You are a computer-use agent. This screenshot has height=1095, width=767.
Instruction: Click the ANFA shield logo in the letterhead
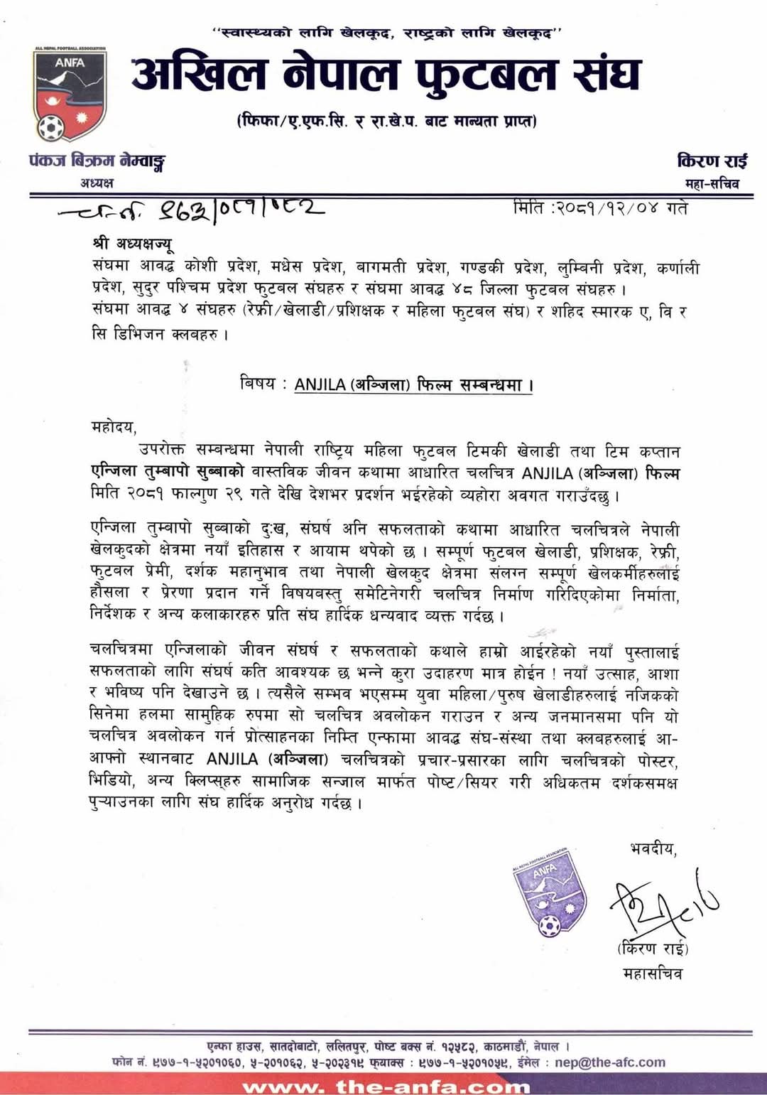(69, 95)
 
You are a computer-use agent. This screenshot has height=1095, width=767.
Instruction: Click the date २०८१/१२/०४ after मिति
(607, 208)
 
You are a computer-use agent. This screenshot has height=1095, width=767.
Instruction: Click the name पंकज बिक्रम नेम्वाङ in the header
(97, 161)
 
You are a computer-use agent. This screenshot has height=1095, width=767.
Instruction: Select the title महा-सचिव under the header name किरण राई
(712, 184)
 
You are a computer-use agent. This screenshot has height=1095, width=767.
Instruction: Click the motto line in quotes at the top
(388, 32)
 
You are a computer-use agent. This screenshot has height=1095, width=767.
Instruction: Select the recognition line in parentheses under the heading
(387, 122)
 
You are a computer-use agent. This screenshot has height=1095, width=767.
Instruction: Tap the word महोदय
(113, 426)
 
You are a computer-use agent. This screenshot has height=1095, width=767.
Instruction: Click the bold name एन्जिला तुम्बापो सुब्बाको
(168, 472)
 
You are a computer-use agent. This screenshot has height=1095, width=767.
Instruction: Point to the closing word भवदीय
(653, 848)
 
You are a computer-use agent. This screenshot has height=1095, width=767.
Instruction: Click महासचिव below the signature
(653, 973)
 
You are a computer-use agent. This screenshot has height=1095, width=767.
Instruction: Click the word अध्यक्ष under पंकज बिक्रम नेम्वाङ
(97, 183)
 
